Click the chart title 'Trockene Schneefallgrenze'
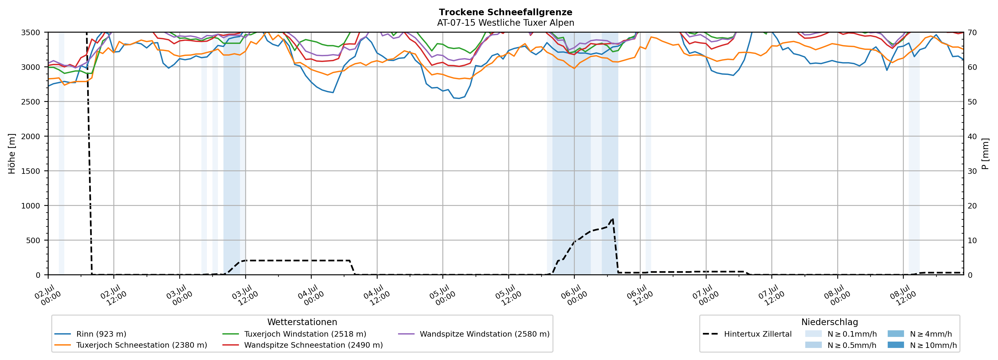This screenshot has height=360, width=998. tap(506, 12)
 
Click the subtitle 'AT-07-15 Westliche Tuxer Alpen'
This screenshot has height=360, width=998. tap(506, 23)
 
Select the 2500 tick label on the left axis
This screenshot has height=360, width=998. tap(30, 102)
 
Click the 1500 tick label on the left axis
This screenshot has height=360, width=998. tap(30, 171)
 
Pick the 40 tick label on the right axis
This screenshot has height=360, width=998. tap(972, 136)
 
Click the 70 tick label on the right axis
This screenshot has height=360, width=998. tap(972, 33)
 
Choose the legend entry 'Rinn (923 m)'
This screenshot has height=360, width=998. tap(90, 334)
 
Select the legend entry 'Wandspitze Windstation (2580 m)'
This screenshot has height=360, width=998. tap(474, 334)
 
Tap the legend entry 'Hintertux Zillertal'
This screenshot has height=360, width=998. tap(747, 334)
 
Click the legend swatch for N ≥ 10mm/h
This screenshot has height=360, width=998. tap(896, 345)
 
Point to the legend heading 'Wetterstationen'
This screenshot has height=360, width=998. tap(302, 322)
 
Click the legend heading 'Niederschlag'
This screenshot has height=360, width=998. tap(829, 322)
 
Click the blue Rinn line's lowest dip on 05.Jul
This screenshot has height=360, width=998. tap(459, 98)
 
